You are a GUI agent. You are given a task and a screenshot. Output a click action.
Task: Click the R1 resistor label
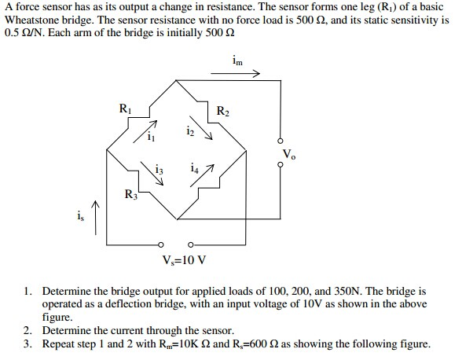[x=125, y=108]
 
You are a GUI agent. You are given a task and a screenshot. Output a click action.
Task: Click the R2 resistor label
[x=223, y=111]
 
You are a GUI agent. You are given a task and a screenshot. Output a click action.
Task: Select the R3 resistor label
[x=130, y=194]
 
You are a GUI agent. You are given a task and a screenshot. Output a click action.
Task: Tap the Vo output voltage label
[x=289, y=154]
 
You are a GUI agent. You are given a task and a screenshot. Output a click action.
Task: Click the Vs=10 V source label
[x=185, y=260]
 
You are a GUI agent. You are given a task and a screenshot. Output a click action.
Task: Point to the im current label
[x=237, y=61]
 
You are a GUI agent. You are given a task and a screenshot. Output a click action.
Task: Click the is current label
[x=80, y=216]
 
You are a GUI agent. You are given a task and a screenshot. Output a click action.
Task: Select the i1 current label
[x=151, y=136]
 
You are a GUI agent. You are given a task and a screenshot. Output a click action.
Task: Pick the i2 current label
[x=190, y=131]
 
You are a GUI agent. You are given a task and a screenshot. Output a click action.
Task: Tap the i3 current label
[x=159, y=170]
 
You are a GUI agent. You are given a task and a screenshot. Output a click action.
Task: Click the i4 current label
[x=195, y=167]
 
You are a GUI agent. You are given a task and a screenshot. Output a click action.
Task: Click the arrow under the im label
[x=236, y=73]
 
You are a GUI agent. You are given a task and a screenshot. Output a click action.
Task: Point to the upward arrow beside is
[x=95, y=218]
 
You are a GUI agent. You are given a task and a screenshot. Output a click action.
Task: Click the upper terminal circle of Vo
[x=280, y=141]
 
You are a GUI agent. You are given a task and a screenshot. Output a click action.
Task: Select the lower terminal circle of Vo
[x=280, y=164]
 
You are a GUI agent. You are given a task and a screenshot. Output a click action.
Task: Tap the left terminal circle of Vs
[x=160, y=244]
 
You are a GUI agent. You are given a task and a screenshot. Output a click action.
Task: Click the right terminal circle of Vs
[x=190, y=244]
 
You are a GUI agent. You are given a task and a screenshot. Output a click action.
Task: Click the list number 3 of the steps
[x=27, y=343]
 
